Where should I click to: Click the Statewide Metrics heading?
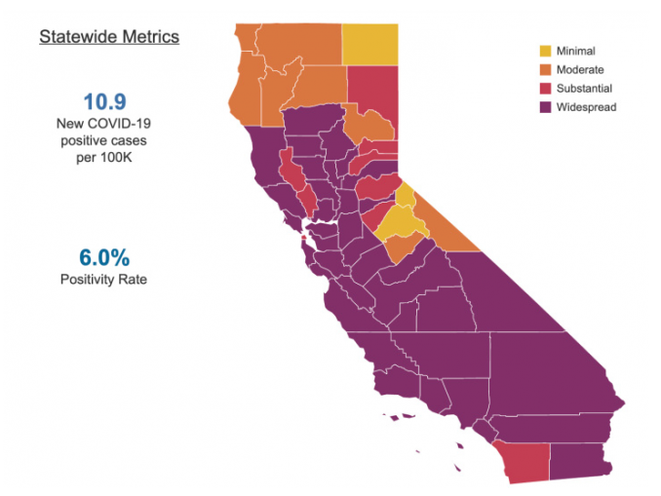pos(109,38)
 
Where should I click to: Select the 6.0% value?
pos(105,258)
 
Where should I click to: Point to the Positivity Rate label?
pos(105,280)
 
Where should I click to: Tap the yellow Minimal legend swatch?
pos(546,51)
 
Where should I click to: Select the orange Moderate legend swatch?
pos(546,69)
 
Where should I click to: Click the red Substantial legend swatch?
pos(546,88)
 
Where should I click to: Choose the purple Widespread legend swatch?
pos(546,107)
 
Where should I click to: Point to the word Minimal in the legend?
pos(575,51)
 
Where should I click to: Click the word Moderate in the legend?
pos(579,69)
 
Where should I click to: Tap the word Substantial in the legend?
pos(584,88)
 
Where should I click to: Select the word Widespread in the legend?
pos(586,107)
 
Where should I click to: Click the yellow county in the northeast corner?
pos(369,43)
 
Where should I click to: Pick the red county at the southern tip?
pos(520,461)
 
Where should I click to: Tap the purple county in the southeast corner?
pos(580,461)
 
